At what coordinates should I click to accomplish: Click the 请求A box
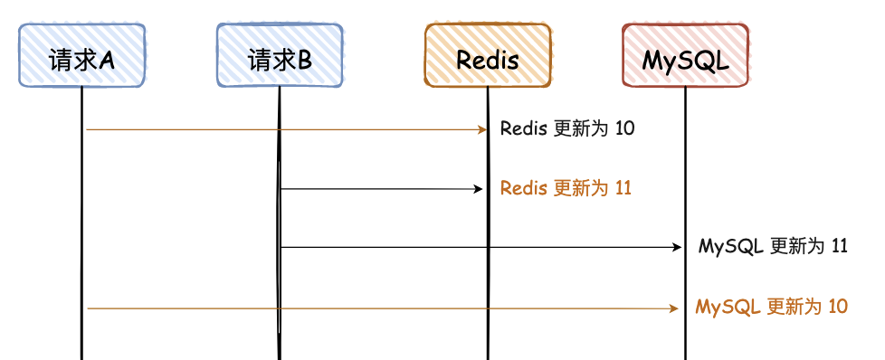(x=81, y=56)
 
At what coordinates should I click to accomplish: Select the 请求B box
(x=280, y=56)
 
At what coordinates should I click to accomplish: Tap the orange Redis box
(x=488, y=56)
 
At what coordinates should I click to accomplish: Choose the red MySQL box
(x=685, y=56)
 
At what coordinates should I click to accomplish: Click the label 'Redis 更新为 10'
(x=567, y=128)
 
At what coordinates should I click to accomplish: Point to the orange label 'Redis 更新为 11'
(x=566, y=188)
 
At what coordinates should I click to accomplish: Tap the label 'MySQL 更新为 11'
(x=773, y=246)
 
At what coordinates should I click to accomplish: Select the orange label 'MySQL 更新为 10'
(x=771, y=307)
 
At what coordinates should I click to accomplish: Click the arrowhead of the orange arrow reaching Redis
(x=482, y=129)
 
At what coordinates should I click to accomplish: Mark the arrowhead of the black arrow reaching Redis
(x=480, y=189)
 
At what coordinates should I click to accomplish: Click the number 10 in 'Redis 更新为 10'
(x=624, y=128)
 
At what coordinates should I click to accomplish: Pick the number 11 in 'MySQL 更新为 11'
(x=839, y=246)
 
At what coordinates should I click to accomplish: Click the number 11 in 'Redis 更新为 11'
(x=623, y=188)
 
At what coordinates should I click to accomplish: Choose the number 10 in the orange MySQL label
(x=837, y=307)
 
